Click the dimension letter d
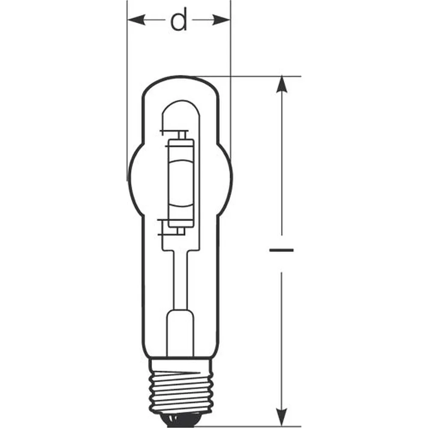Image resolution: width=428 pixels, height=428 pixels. [x=179, y=19]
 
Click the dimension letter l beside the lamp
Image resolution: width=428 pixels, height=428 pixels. [x=282, y=250]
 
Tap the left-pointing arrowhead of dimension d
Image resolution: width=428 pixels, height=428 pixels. [x=137, y=20]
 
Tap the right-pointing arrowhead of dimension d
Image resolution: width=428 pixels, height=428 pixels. [x=221, y=20]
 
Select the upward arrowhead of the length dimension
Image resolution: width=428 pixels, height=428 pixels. [x=282, y=85]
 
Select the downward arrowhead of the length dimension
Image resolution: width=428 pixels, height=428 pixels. [x=282, y=417]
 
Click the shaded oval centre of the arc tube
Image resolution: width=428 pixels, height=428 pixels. [x=181, y=184]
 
